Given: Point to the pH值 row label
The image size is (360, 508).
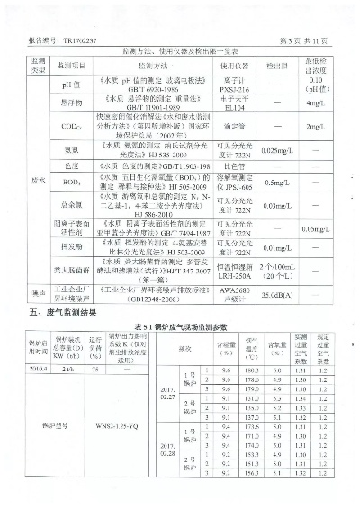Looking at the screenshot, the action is click(x=73, y=85).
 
